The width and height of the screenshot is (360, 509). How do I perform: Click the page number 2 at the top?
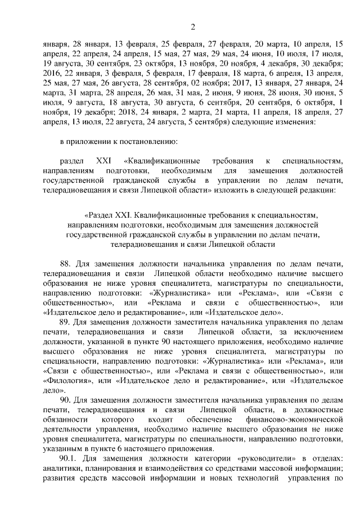click(x=192, y=26)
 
